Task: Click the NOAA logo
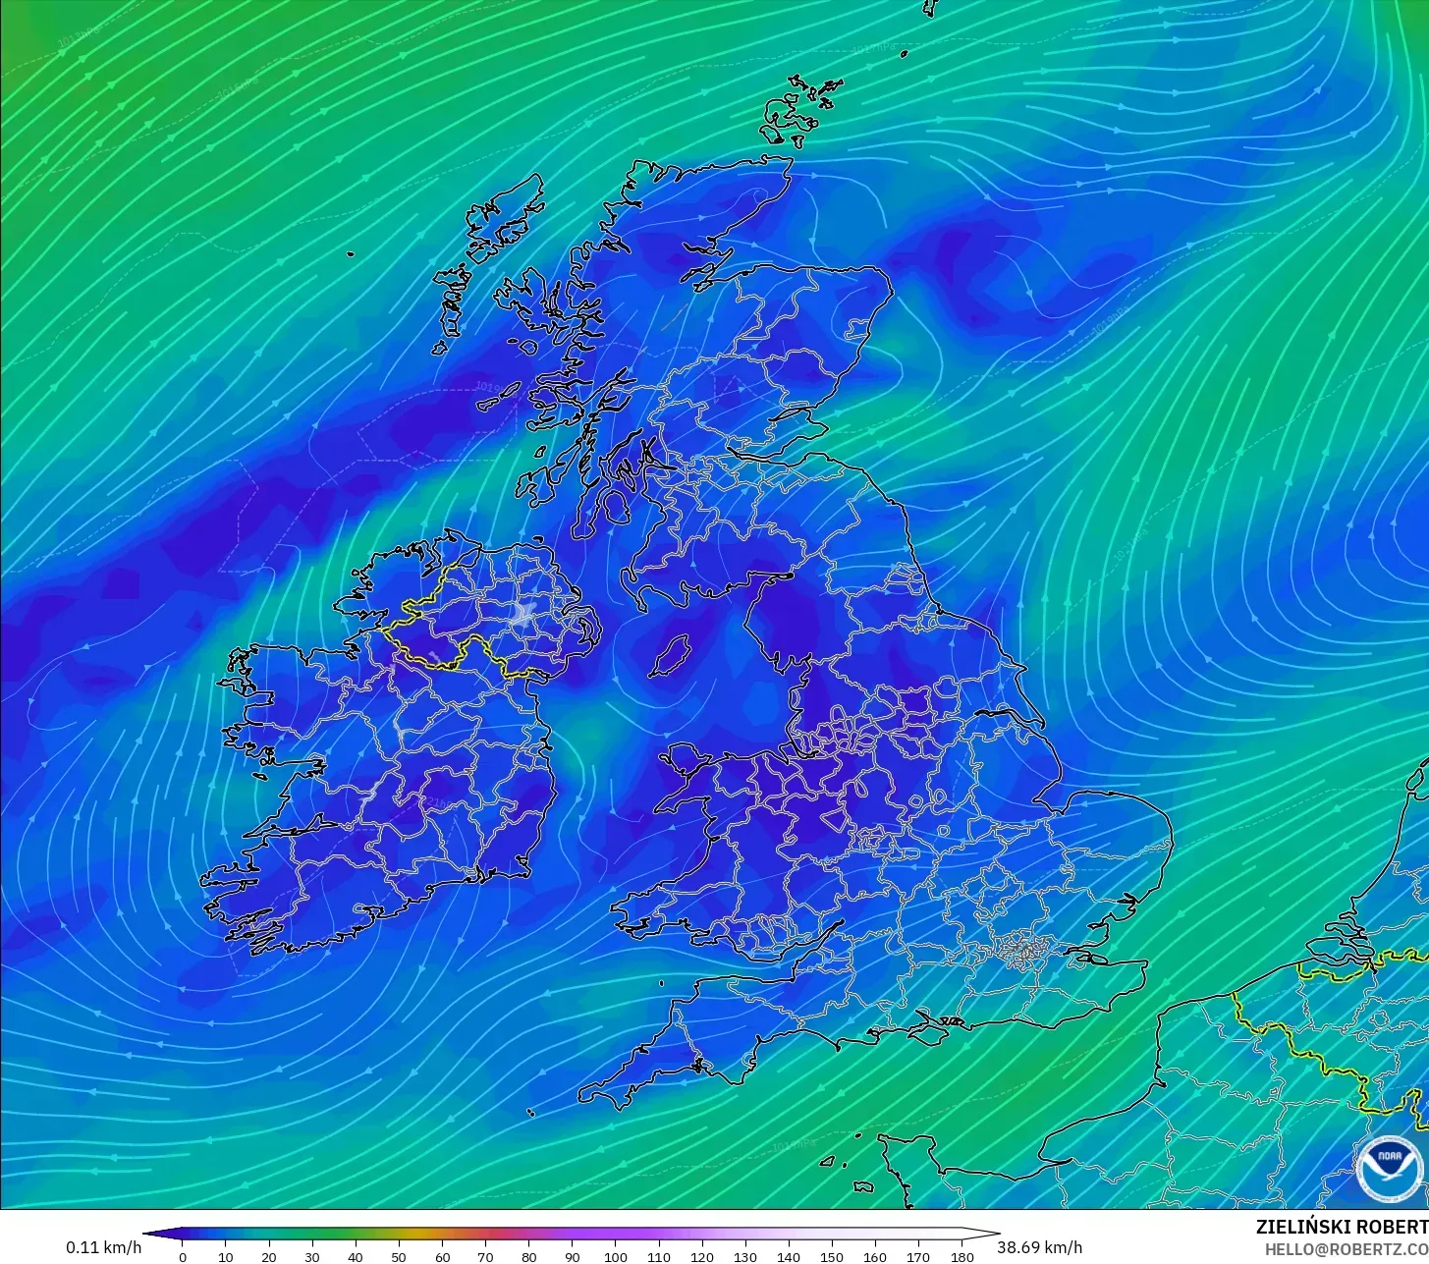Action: tap(1389, 1169)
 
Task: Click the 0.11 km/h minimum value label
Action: tap(104, 1247)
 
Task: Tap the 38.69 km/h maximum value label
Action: tap(1040, 1247)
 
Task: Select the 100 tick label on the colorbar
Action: tap(616, 1257)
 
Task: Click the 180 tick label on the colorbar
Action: tap(962, 1257)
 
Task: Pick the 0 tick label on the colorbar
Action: tap(183, 1257)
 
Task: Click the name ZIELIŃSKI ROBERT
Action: tap(1342, 1227)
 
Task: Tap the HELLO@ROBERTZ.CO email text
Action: tap(1347, 1248)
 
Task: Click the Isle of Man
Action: tap(671, 655)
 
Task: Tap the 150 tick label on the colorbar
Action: tap(832, 1257)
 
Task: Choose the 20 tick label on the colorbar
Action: tap(269, 1257)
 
